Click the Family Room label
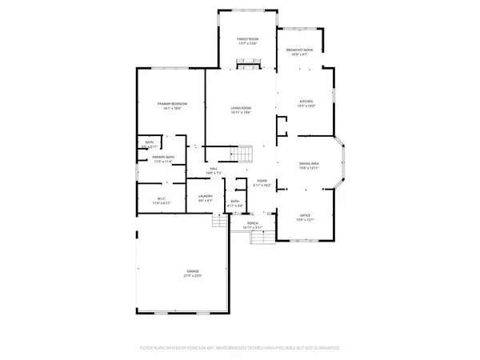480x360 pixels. [x=247, y=38]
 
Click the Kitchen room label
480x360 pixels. [x=306, y=102]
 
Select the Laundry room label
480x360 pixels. [x=206, y=196]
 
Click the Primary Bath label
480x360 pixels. [x=163, y=158]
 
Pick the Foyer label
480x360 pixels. [x=262, y=181]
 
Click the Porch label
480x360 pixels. [x=254, y=224]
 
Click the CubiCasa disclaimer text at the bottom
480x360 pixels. [x=240, y=348]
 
